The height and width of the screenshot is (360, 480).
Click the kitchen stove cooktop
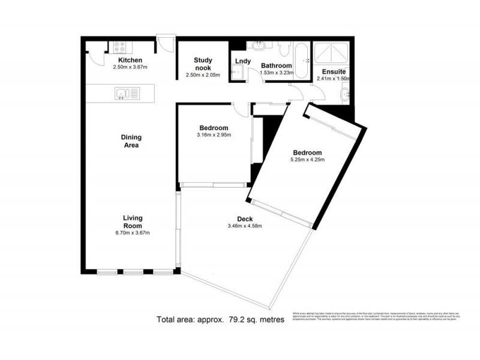[x=117, y=46]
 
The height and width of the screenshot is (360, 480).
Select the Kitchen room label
[x=130, y=60]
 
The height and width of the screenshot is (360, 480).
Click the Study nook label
[x=203, y=64]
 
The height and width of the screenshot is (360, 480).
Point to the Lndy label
[x=242, y=61]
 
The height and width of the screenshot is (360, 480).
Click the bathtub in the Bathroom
[x=302, y=60]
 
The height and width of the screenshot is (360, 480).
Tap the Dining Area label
[x=131, y=141]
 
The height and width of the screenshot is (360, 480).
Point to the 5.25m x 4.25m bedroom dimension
[x=307, y=160]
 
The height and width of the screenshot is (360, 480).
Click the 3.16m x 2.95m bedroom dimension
[x=214, y=135]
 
